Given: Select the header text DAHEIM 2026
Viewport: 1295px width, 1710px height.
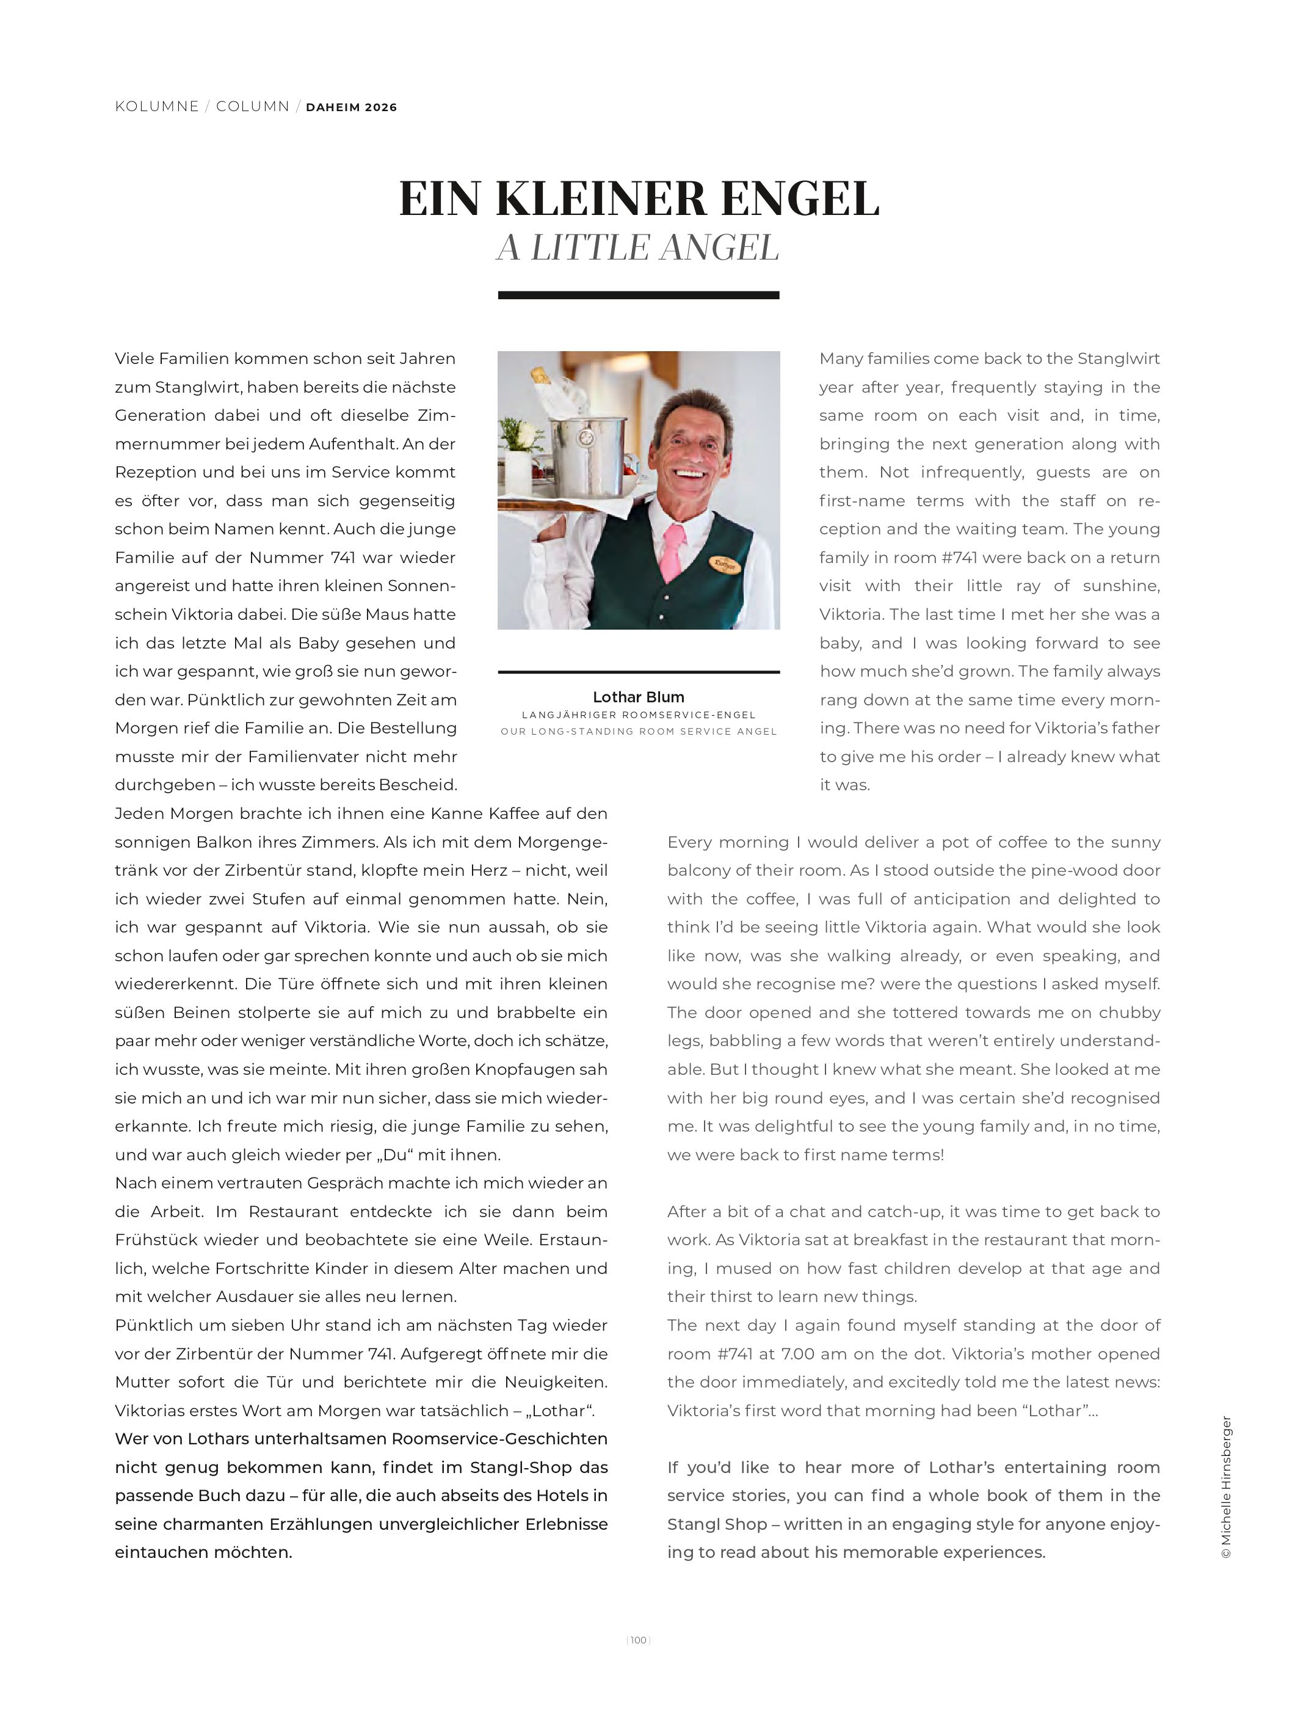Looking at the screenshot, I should pos(352,107).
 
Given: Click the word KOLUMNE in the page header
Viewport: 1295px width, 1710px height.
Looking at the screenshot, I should pos(157,107).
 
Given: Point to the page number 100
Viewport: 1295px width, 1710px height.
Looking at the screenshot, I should pos(638,1640).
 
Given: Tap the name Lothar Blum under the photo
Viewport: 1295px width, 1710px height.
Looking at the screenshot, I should pos(638,697).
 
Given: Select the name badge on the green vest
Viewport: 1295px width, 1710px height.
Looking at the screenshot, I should pos(725,565).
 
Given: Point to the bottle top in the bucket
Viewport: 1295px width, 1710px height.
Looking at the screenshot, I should pos(540,376).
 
